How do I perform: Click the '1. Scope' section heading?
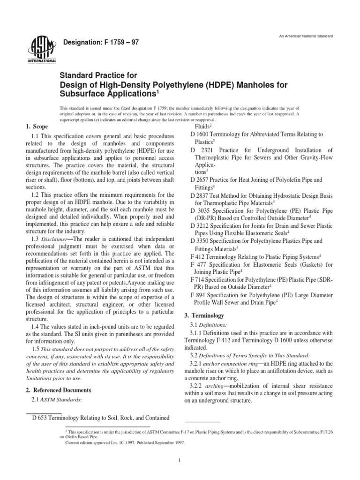36,127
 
